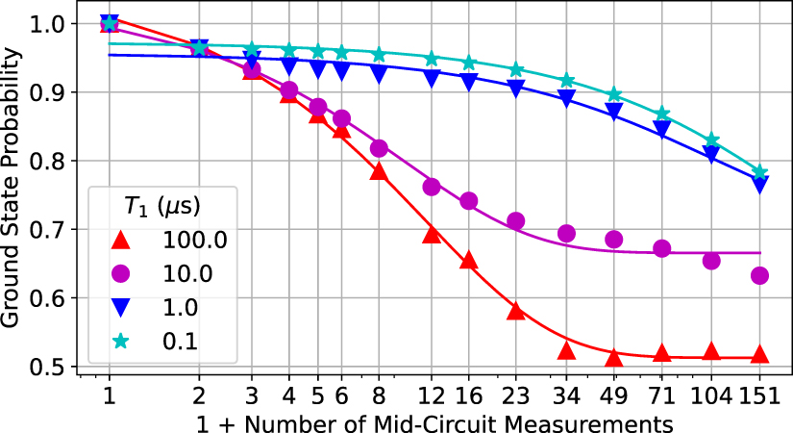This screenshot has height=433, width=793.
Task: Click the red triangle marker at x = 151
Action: click(x=760, y=354)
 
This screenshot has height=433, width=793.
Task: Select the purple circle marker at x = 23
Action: click(x=516, y=221)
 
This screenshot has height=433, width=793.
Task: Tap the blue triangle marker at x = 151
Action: click(x=760, y=185)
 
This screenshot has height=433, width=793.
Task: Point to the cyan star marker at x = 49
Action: click(x=614, y=95)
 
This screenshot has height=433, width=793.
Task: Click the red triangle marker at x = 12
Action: click(x=432, y=234)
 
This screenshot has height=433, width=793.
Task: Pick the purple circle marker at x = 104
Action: click(x=712, y=261)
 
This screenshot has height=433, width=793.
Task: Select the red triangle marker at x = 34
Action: click(x=566, y=350)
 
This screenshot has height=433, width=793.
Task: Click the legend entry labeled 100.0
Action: click(x=195, y=241)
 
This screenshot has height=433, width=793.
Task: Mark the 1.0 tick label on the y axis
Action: click(x=48, y=24)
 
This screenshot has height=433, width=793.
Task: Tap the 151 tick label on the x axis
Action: click(x=760, y=394)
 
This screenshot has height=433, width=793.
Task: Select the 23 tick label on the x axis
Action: click(x=516, y=394)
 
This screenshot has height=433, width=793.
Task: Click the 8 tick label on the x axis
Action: click(x=379, y=394)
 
